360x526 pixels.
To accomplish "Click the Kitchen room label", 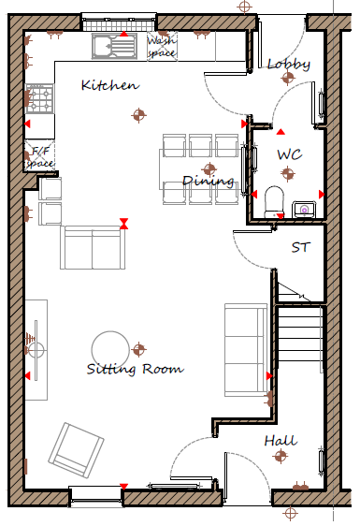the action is (110, 85).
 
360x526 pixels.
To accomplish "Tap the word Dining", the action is (208, 181).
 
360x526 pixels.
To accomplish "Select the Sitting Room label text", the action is (135, 369).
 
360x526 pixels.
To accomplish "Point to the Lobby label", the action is (289, 64).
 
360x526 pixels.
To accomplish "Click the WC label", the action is (290, 154).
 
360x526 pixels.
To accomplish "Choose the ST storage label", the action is (299, 248).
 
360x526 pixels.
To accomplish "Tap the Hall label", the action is (281, 441).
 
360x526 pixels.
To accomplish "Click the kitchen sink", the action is (114, 46).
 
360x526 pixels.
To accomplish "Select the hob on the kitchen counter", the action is (40, 98).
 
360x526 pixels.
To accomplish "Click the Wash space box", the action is (163, 47).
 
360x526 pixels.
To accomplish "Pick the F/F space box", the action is (40, 156).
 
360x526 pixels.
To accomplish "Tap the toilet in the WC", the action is (275, 202).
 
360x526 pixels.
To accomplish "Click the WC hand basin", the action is (304, 210).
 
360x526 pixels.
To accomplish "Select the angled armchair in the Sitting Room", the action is (76, 450).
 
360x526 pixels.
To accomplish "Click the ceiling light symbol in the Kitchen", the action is (138, 115).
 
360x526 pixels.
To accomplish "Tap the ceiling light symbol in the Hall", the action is (281, 456).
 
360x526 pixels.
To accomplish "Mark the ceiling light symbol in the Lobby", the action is (288, 78).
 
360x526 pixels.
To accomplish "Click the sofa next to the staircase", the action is (246, 350).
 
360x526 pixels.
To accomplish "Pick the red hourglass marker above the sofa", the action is (124, 224).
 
